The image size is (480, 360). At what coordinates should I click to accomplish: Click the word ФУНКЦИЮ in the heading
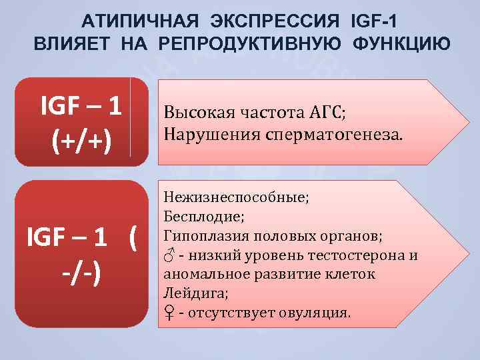tap(399, 45)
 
